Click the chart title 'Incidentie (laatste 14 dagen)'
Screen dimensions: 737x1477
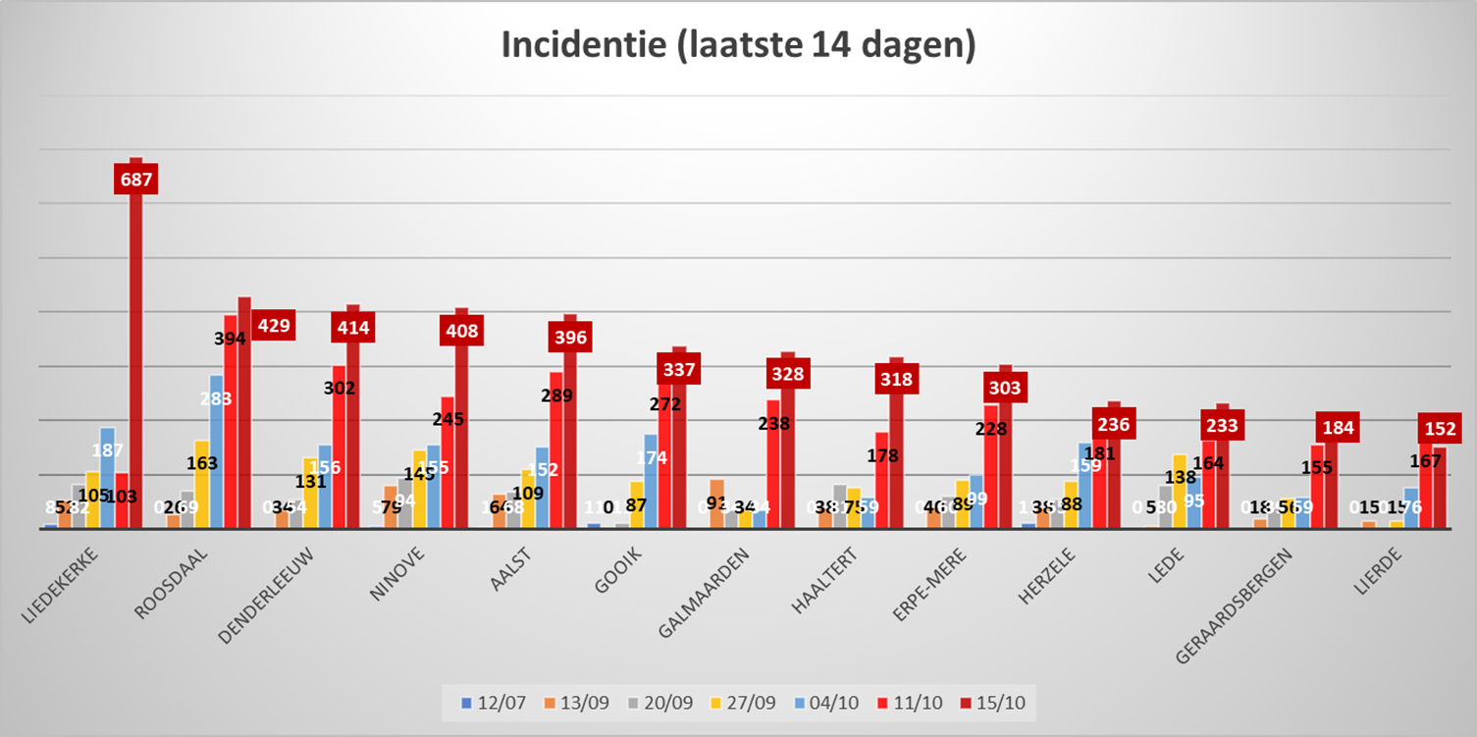pyautogui.click(x=738, y=46)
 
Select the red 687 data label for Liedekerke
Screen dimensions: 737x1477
pyautogui.click(x=136, y=180)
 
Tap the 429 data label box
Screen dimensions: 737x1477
pyautogui.click(x=273, y=326)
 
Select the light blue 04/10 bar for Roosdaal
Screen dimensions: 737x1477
pyautogui.click(x=216, y=451)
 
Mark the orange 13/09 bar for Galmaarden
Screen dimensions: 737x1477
pyautogui.click(x=717, y=502)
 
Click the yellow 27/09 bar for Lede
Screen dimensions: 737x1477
pyautogui.click(x=1180, y=491)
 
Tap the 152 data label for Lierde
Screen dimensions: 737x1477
pyautogui.click(x=1439, y=429)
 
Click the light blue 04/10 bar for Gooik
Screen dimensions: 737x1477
pyautogui.click(x=651, y=481)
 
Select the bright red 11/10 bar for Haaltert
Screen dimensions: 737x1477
pyautogui.click(x=882, y=479)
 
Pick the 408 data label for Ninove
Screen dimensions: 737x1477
pyautogui.click(x=462, y=331)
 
